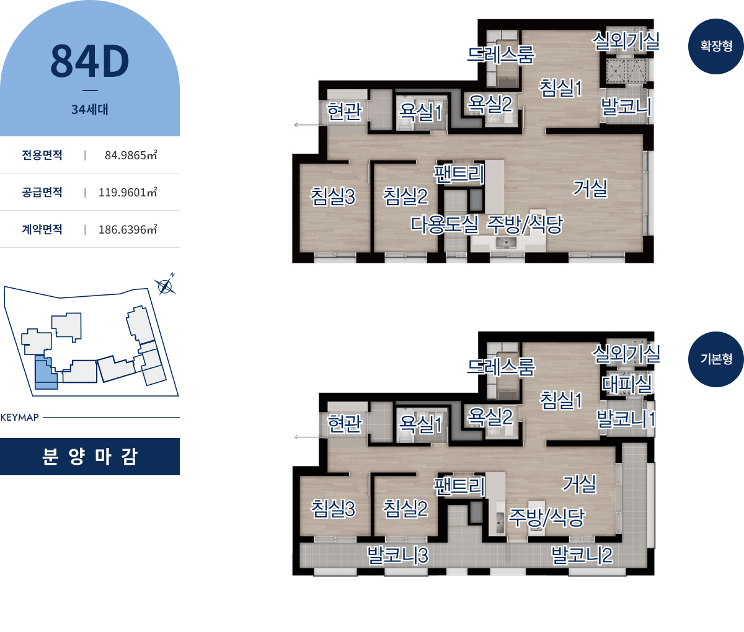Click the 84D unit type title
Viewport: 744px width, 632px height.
(90, 61)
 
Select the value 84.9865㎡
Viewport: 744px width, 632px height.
(131, 155)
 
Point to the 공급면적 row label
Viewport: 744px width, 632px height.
(42, 192)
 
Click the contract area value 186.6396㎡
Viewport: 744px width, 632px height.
(128, 229)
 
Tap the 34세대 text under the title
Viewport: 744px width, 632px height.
(90, 109)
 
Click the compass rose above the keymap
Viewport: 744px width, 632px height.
(165, 286)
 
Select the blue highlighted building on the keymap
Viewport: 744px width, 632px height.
(46, 372)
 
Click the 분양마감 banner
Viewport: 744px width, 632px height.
(90, 457)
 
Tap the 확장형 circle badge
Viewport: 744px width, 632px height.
(715, 46)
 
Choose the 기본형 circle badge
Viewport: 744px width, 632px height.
(715, 359)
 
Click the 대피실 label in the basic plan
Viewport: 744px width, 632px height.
(627, 384)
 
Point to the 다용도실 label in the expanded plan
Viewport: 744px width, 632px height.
(445, 225)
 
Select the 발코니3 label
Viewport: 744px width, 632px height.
(398, 555)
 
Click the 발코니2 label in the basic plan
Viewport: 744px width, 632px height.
(582, 555)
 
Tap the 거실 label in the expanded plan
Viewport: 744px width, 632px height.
(590, 188)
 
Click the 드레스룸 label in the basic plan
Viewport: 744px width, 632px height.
(501, 367)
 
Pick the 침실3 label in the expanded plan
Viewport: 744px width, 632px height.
(333, 197)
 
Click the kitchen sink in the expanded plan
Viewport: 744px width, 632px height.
(506, 243)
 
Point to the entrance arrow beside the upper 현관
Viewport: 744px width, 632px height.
(307, 125)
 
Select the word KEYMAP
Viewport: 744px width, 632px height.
(20, 417)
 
